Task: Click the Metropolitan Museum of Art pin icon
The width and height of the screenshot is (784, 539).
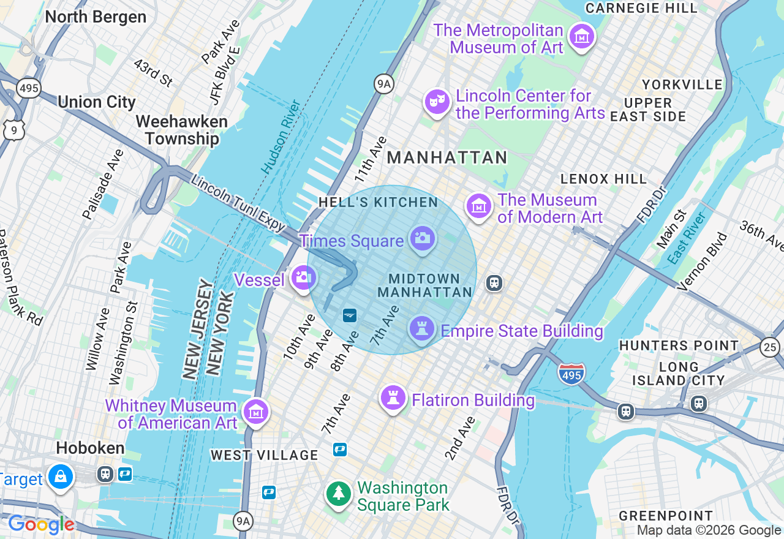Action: tap(581, 37)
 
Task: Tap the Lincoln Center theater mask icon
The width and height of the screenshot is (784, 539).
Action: tap(437, 102)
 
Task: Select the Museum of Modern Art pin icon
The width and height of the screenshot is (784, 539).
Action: tap(479, 206)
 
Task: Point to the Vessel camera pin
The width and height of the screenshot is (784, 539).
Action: tap(303, 278)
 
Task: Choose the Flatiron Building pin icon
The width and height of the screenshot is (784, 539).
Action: tap(393, 398)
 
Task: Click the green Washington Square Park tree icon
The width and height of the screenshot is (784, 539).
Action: tap(338, 494)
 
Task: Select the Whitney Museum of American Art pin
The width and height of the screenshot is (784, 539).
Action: tap(255, 412)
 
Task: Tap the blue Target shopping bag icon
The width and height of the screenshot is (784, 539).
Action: tap(61, 477)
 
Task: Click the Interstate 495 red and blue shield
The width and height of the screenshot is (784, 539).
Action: tap(571, 373)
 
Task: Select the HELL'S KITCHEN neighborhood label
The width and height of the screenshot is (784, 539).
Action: tap(378, 203)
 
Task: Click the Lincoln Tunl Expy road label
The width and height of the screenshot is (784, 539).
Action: tap(238, 203)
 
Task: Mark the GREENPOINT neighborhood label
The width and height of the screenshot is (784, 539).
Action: tap(666, 516)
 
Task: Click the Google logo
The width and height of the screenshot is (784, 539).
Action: tap(41, 524)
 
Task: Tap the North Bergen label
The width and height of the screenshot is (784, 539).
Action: tap(96, 17)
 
